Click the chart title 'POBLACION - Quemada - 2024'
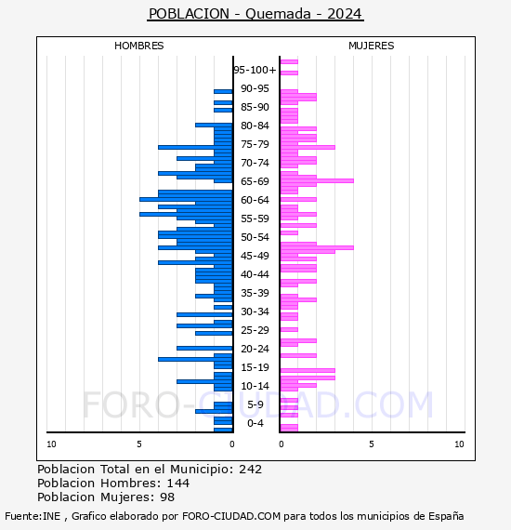click(x=255, y=14)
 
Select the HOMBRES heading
click(x=138, y=46)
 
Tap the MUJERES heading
click(x=372, y=46)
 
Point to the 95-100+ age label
click(x=255, y=70)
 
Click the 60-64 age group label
click(x=255, y=200)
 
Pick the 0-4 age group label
click(x=255, y=423)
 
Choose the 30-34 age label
click(x=255, y=311)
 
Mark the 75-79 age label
click(x=255, y=144)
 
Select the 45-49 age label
click(x=255, y=256)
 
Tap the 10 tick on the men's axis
click(x=51, y=444)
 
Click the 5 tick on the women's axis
click(x=372, y=444)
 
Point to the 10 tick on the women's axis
click(x=459, y=444)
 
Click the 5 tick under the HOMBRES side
click(x=139, y=444)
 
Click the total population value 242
click(x=250, y=470)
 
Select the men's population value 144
click(x=178, y=484)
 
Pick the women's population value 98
click(x=167, y=497)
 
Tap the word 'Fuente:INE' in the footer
click(x=33, y=516)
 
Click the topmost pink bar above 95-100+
click(x=289, y=62)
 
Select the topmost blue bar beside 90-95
click(x=223, y=92)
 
